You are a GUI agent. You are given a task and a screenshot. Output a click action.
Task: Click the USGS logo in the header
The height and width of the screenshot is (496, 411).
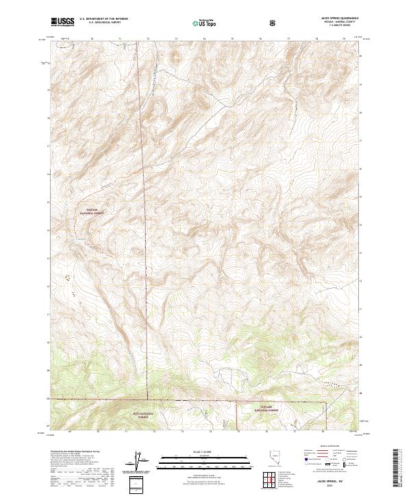pos(62,23)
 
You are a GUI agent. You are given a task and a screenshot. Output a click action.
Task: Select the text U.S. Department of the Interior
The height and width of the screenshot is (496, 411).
pos(103,19)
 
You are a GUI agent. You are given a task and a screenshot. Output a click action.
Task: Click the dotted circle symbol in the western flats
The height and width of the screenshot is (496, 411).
pos(68,277)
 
